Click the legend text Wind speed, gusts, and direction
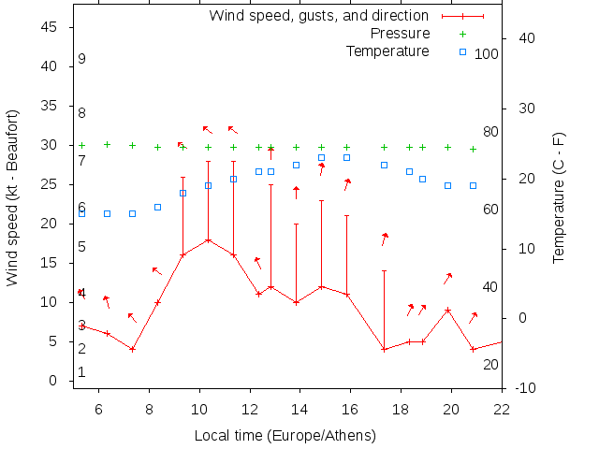pos(318,15)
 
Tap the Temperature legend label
pos(387,51)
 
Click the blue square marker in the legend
pos(462,51)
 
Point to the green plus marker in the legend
pos(462,34)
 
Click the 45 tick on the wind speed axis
pos(51,27)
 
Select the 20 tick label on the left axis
pos(51,224)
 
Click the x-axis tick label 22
pos(502,408)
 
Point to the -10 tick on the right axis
pos(524,388)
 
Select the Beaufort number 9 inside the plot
pos(82,59)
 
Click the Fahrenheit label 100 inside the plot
pos(487,54)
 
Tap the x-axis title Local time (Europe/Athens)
pos(285,435)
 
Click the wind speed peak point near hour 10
pos(208,240)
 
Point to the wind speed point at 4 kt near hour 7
pos(133,349)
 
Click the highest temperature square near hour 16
pos(346,157)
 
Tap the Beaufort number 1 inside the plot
pos(82,372)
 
